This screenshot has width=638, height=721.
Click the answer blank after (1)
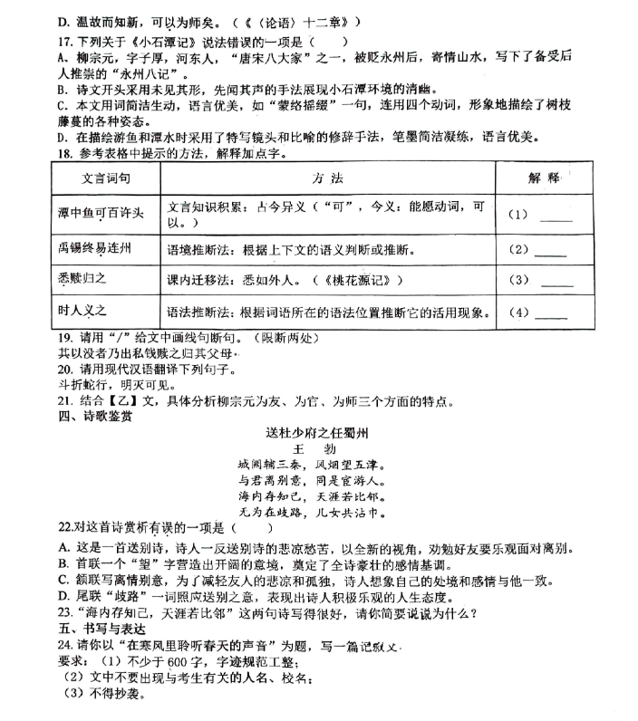(556, 216)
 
